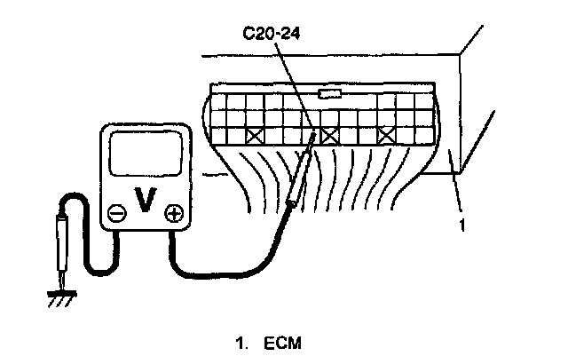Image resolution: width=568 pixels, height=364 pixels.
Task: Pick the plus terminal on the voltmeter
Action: click(174, 213)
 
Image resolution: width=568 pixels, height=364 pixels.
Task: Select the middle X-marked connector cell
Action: click(329, 137)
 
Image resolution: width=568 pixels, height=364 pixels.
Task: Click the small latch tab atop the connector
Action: click(329, 93)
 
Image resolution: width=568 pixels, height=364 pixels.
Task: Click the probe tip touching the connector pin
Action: click(314, 138)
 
